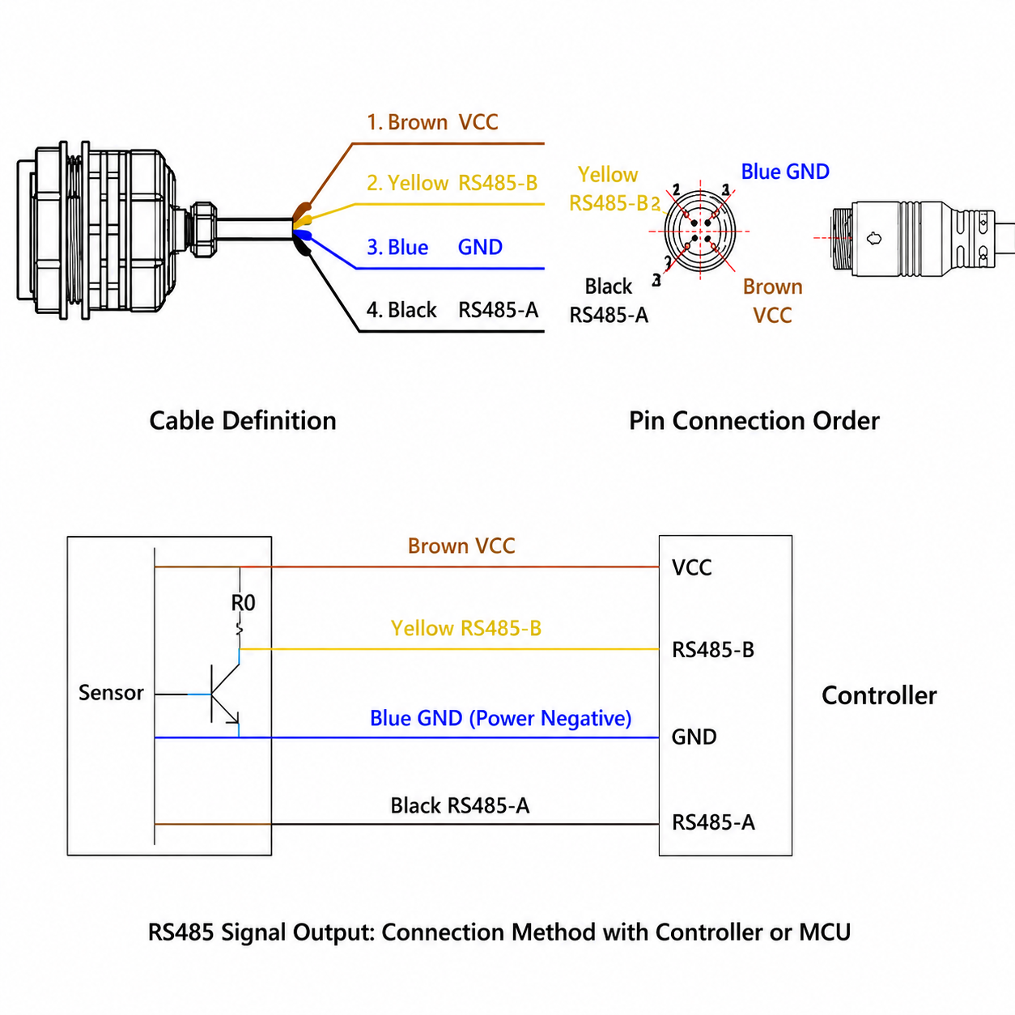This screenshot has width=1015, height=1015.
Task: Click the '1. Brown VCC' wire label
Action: tap(432, 122)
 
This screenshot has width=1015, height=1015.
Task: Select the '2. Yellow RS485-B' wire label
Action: tap(452, 183)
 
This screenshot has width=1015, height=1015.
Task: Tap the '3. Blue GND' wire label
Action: tap(435, 247)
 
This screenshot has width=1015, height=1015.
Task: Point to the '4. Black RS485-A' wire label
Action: tap(452, 310)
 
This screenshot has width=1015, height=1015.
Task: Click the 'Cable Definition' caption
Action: tap(243, 421)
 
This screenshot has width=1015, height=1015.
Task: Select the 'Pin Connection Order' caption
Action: tap(754, 421)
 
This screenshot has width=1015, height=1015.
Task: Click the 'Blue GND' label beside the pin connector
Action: tap(785, 172)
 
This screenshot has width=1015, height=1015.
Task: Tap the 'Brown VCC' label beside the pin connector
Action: tap(773, 301)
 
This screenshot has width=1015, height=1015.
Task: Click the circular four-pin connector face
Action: tap(700, 231)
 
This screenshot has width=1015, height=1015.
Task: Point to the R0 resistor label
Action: tap(244, 603)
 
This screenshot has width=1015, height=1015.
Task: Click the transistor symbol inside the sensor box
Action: tap(225, 693)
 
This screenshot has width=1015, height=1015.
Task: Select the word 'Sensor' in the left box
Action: tap(111, 693)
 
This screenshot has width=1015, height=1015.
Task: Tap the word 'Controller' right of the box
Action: tap(879, 695)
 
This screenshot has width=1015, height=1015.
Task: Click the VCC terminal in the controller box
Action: tap(691, 568)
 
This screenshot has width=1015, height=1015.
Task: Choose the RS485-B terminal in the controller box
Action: tap(713, 650)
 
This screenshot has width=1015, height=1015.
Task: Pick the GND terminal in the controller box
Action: tap(694, 737)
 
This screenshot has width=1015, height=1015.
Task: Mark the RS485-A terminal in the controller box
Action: tap(714, 822)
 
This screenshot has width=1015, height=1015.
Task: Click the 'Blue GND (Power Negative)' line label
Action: tap(500, 719)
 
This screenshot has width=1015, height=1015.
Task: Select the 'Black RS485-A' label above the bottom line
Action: tap(460, 805)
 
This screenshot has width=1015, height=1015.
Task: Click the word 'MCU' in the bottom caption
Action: tap(825, 932)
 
